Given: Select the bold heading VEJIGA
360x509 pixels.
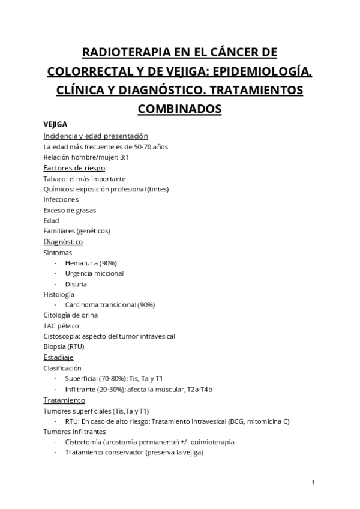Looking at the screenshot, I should [55, 125].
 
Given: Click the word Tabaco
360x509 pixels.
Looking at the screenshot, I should [55, 179].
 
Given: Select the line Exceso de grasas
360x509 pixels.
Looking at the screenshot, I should [70, 210].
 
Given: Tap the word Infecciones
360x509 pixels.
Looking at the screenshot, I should [61, 199].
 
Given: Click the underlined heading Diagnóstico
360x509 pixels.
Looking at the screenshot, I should [63, 242].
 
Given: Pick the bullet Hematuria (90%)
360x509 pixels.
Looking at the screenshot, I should [91, 263].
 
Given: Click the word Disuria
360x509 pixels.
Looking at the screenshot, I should [76, 284].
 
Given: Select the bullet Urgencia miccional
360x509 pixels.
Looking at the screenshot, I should [94, 273].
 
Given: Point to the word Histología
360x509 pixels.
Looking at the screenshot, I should [59, 294].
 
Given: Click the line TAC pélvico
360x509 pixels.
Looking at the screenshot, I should [61, 325].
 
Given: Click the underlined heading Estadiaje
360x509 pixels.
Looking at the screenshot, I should [58, 357].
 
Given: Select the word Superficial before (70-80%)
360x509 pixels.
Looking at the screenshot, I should [82, 378].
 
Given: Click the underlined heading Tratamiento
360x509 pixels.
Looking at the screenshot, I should [64, 400].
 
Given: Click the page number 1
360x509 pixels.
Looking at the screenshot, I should [314, 483].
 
